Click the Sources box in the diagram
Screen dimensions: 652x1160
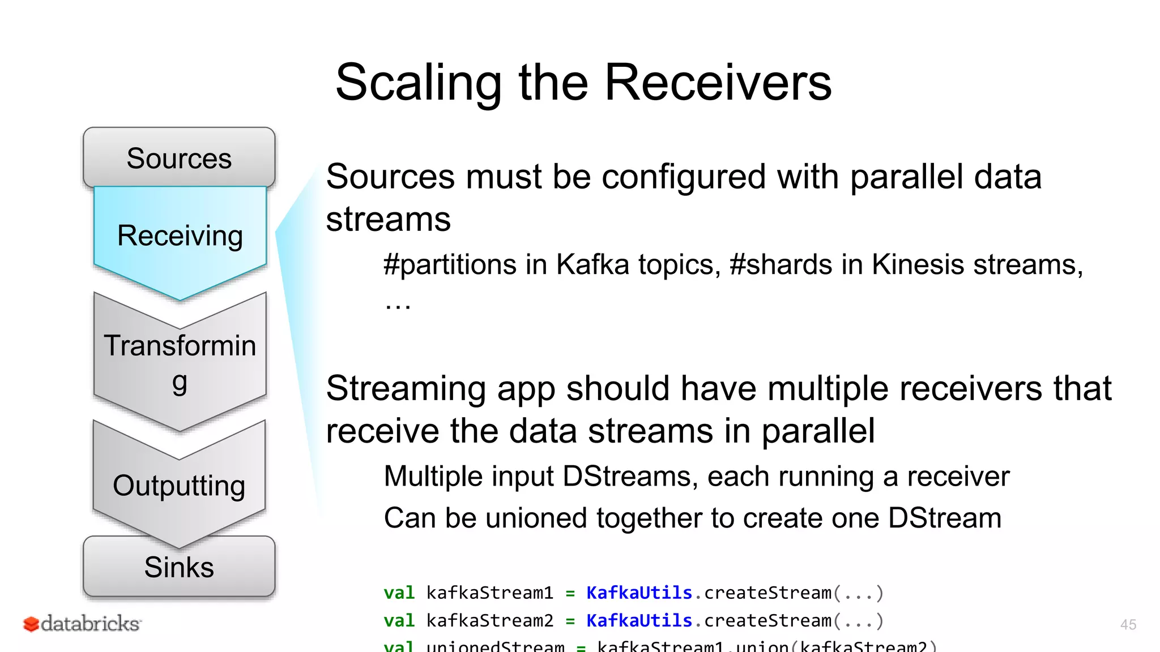pyautogui.click(x=179, y=158)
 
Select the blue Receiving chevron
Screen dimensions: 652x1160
pyautogui.click(x=180, y=236)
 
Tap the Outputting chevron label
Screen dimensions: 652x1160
pyautogui.click(x=179, y=486)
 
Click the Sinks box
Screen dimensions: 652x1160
pyautogui.click(x=179, y=567)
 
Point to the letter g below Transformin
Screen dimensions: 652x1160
pyautogui.click(x=180, y=383)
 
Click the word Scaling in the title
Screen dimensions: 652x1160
pyautogui.click(x=418, y=83)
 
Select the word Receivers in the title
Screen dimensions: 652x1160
pyautogui.click(x=718, y=83)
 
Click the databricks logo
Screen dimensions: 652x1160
pyautogui.click(x=83, y=624)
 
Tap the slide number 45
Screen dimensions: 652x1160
pyautogui.click(x=1128, y=624)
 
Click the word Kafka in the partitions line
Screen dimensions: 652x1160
pyautogui.click(x=592, y=264)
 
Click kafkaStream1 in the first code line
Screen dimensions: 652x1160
pyautogui.click(x=489, y=593)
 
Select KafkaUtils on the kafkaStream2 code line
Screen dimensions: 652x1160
pyautogui.click(x=639, y=620)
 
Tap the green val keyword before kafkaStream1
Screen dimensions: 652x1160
pyautogui.click(x=399, y=593)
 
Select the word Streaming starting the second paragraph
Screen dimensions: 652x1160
pyautogui.click(x=406, y=389)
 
